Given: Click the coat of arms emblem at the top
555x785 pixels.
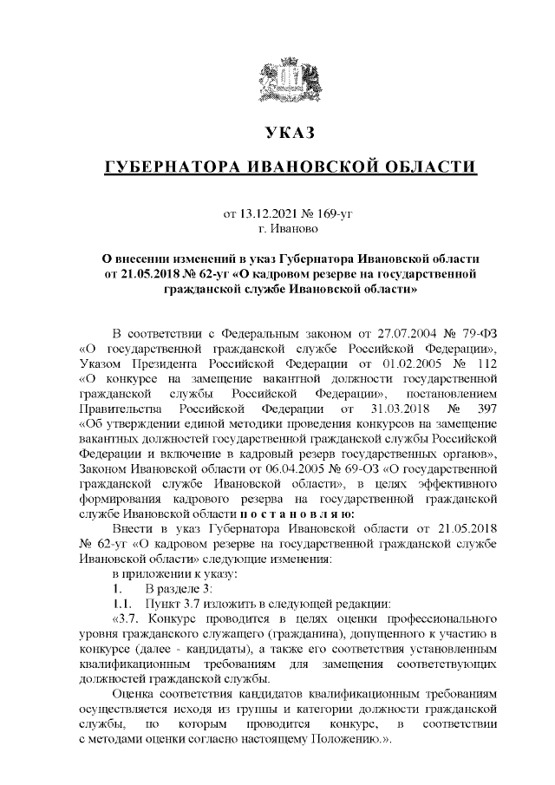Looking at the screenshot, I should pos(277,81).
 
